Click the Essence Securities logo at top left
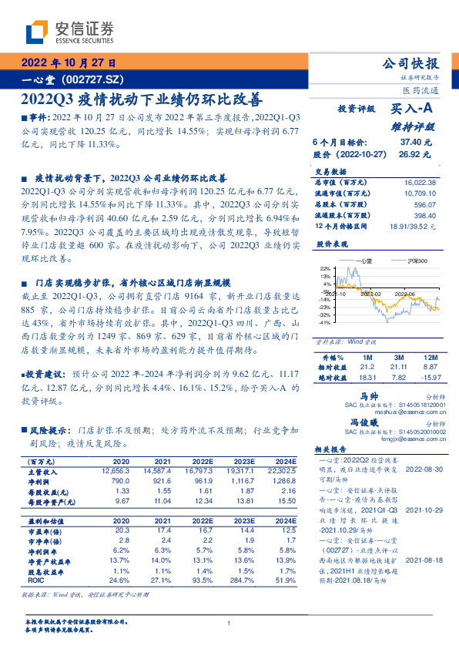pos(69,32)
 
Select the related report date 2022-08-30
pos(421,469)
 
